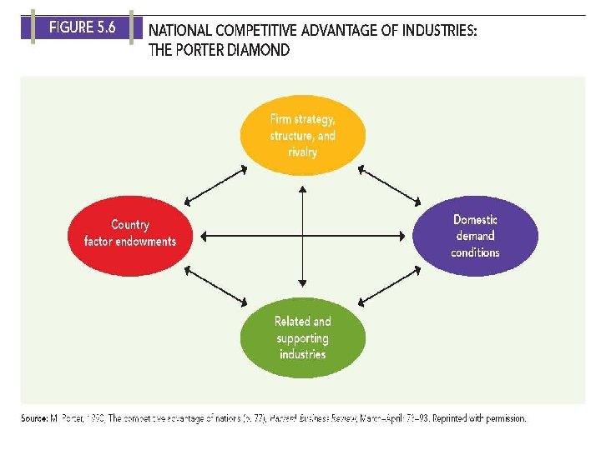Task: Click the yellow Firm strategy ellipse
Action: click(302, 135)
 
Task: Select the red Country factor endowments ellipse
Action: click(129, 233)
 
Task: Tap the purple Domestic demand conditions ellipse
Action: click(475, 236)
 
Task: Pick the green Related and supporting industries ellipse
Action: click(302, 337)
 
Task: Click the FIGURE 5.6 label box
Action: click(81, 27)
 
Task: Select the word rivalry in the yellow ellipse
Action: click(302, 152)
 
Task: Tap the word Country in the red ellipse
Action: click(130, 225)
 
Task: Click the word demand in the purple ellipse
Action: click(475, 236)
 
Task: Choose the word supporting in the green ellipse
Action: click(302, 337)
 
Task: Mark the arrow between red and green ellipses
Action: click(216, 285)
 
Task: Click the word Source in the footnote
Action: click(33, 418)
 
